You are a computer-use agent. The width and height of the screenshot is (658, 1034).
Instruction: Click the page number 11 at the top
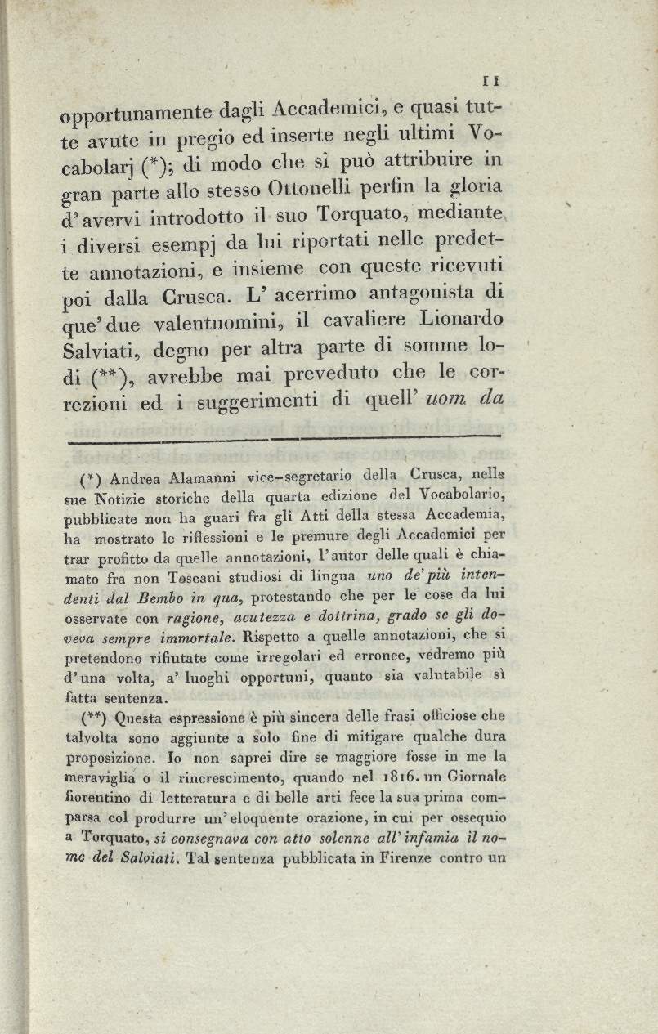point(491,81)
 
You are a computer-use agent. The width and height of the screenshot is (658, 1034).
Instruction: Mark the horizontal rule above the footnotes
point(284,439)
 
